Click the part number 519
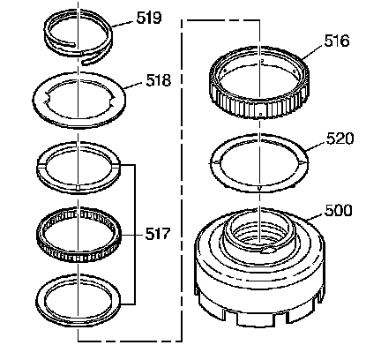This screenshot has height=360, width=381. pyautogui.click(x=149, y=18)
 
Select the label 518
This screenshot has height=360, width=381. pyautogui.click(x=158, y=80)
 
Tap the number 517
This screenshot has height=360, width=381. pyautogui.click(x=158, y=234)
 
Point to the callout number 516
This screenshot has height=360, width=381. pyautogui.click(x=337, y=41)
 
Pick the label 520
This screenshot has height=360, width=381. pyautogui.click(x=340, y=139)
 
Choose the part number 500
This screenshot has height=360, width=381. pyautogui.click(x=338, y=211)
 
